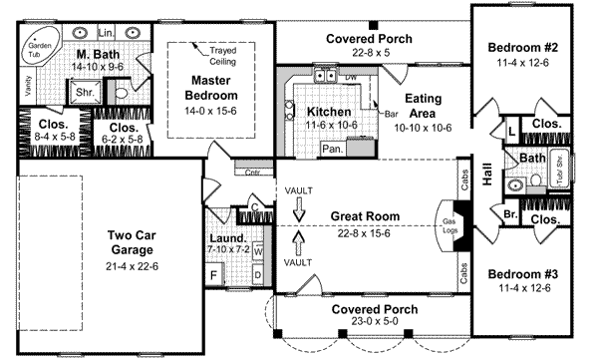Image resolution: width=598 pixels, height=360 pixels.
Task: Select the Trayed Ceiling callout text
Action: coord(221,54)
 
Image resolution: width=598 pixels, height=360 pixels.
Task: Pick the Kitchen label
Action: coord(328,112)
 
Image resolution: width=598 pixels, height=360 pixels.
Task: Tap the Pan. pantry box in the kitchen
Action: coord(332,149)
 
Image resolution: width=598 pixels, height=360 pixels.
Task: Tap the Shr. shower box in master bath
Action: coord(83,93)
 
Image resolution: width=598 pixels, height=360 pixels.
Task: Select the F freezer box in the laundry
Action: coord(214,271)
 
